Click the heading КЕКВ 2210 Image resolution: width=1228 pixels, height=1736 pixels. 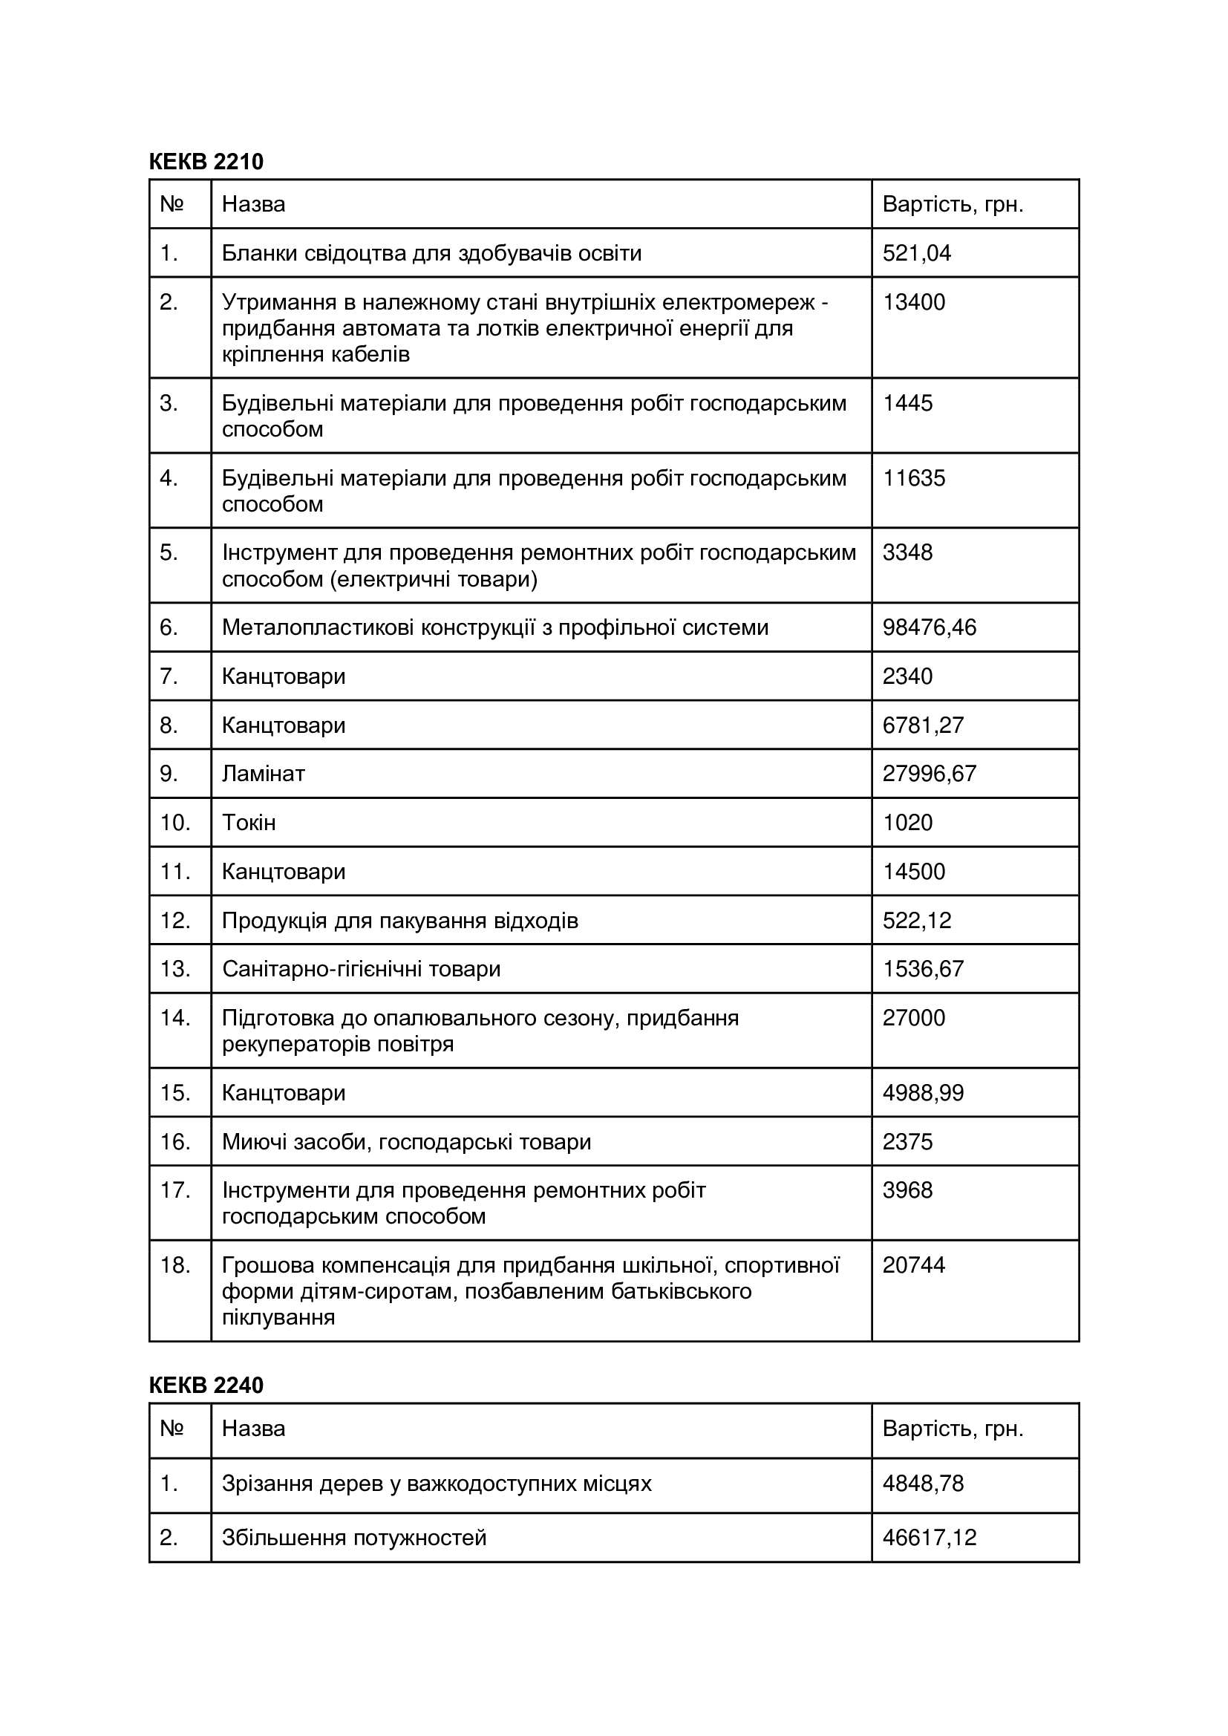[x=206, y=162]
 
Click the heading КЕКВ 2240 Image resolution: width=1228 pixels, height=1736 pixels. [x=206, y=1386]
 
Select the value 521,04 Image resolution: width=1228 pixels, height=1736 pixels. [x=916, y=253]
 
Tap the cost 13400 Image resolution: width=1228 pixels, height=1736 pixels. [x=913, y=302]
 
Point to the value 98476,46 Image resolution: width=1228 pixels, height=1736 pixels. [x=930, y=627]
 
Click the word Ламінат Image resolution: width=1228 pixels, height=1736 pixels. [x=263, y=774]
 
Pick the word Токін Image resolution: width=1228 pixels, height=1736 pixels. [x=249, y=823]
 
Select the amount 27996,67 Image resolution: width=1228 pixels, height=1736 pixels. [x=930, y=774]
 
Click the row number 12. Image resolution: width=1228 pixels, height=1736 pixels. [x=174, y=920]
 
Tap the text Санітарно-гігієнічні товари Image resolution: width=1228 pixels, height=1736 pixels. [x=361, y=969]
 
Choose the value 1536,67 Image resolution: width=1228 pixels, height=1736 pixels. [x=924, y=969]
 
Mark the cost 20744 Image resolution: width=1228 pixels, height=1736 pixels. [x=913, y=1265]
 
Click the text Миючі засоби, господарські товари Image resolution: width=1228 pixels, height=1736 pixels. [x=406, y=1142]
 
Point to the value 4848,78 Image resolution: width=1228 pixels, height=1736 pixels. [x=924, y=1484]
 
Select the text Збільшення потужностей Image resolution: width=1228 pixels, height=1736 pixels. [x=354, y=1538]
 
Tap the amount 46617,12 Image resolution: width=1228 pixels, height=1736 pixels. [x=930, y=1538]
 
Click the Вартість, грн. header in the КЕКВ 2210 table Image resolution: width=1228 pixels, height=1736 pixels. [x=953, y=205]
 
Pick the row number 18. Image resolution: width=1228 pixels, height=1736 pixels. [x=174, y=1265]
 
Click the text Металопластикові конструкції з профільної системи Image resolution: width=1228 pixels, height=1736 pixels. [x=494, y=627]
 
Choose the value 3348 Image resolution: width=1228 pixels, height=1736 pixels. [x=907, y=552]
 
